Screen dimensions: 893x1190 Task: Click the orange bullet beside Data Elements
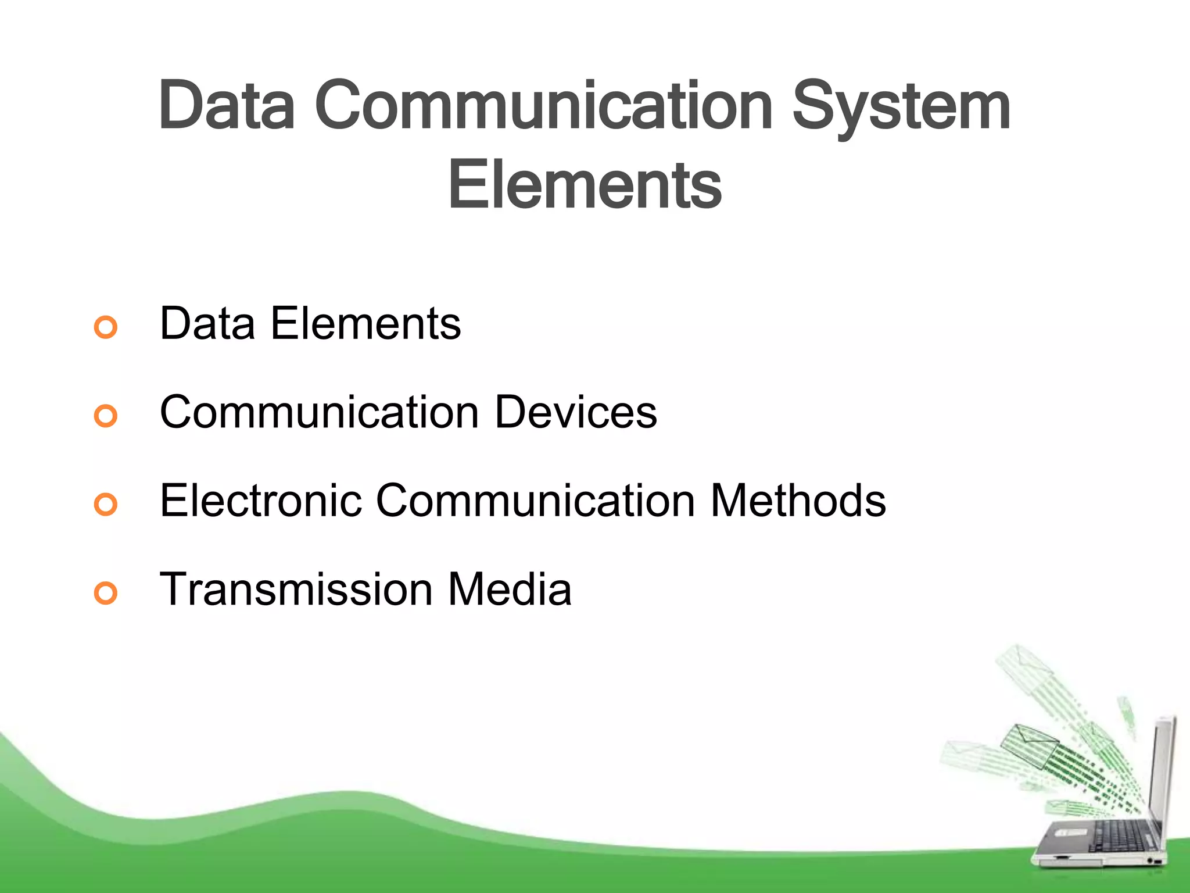tap(106, 327)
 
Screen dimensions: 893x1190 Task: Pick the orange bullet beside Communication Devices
tap(106, 416)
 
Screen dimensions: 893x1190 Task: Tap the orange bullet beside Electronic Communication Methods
tap(106, 504)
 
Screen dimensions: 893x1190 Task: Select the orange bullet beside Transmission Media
tap(106, 592)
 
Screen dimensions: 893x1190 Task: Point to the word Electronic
tap(261, 501)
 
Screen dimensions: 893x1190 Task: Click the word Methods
tap(798, 501)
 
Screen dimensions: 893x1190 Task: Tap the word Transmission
tap(296, 589)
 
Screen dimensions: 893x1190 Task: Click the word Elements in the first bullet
tap(365, 324)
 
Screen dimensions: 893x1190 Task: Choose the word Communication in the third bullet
tap(536, 501)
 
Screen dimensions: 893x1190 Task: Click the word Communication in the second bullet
tap(320, 412)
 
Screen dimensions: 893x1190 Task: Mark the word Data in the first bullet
tap(207, 324)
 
